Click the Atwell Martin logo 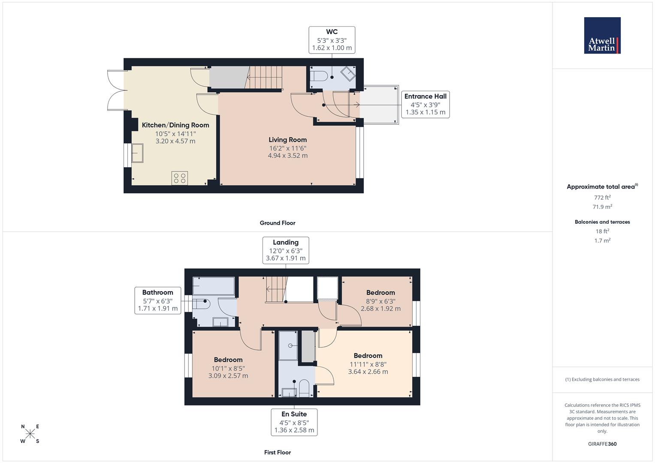tap(602, 36)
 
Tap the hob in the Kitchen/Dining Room tap(180, 178)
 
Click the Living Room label tap(287, 140)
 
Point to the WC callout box tap(332, 40)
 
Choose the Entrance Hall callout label tap(425, 104)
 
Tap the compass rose tap(30, 434)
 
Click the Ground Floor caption tap(277, 223)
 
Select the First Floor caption tap(277, 452)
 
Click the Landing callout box tap(286, 250)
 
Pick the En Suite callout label tap(294, 422)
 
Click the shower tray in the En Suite tap(288, 345)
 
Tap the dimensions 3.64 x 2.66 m tap(368, 372)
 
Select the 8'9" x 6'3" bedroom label tap(380, 301)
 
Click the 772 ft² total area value tap(602, 198)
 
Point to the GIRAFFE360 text tap(602, 444)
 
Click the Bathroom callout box tap(158, 300)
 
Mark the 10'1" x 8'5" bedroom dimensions tap(228, 368)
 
